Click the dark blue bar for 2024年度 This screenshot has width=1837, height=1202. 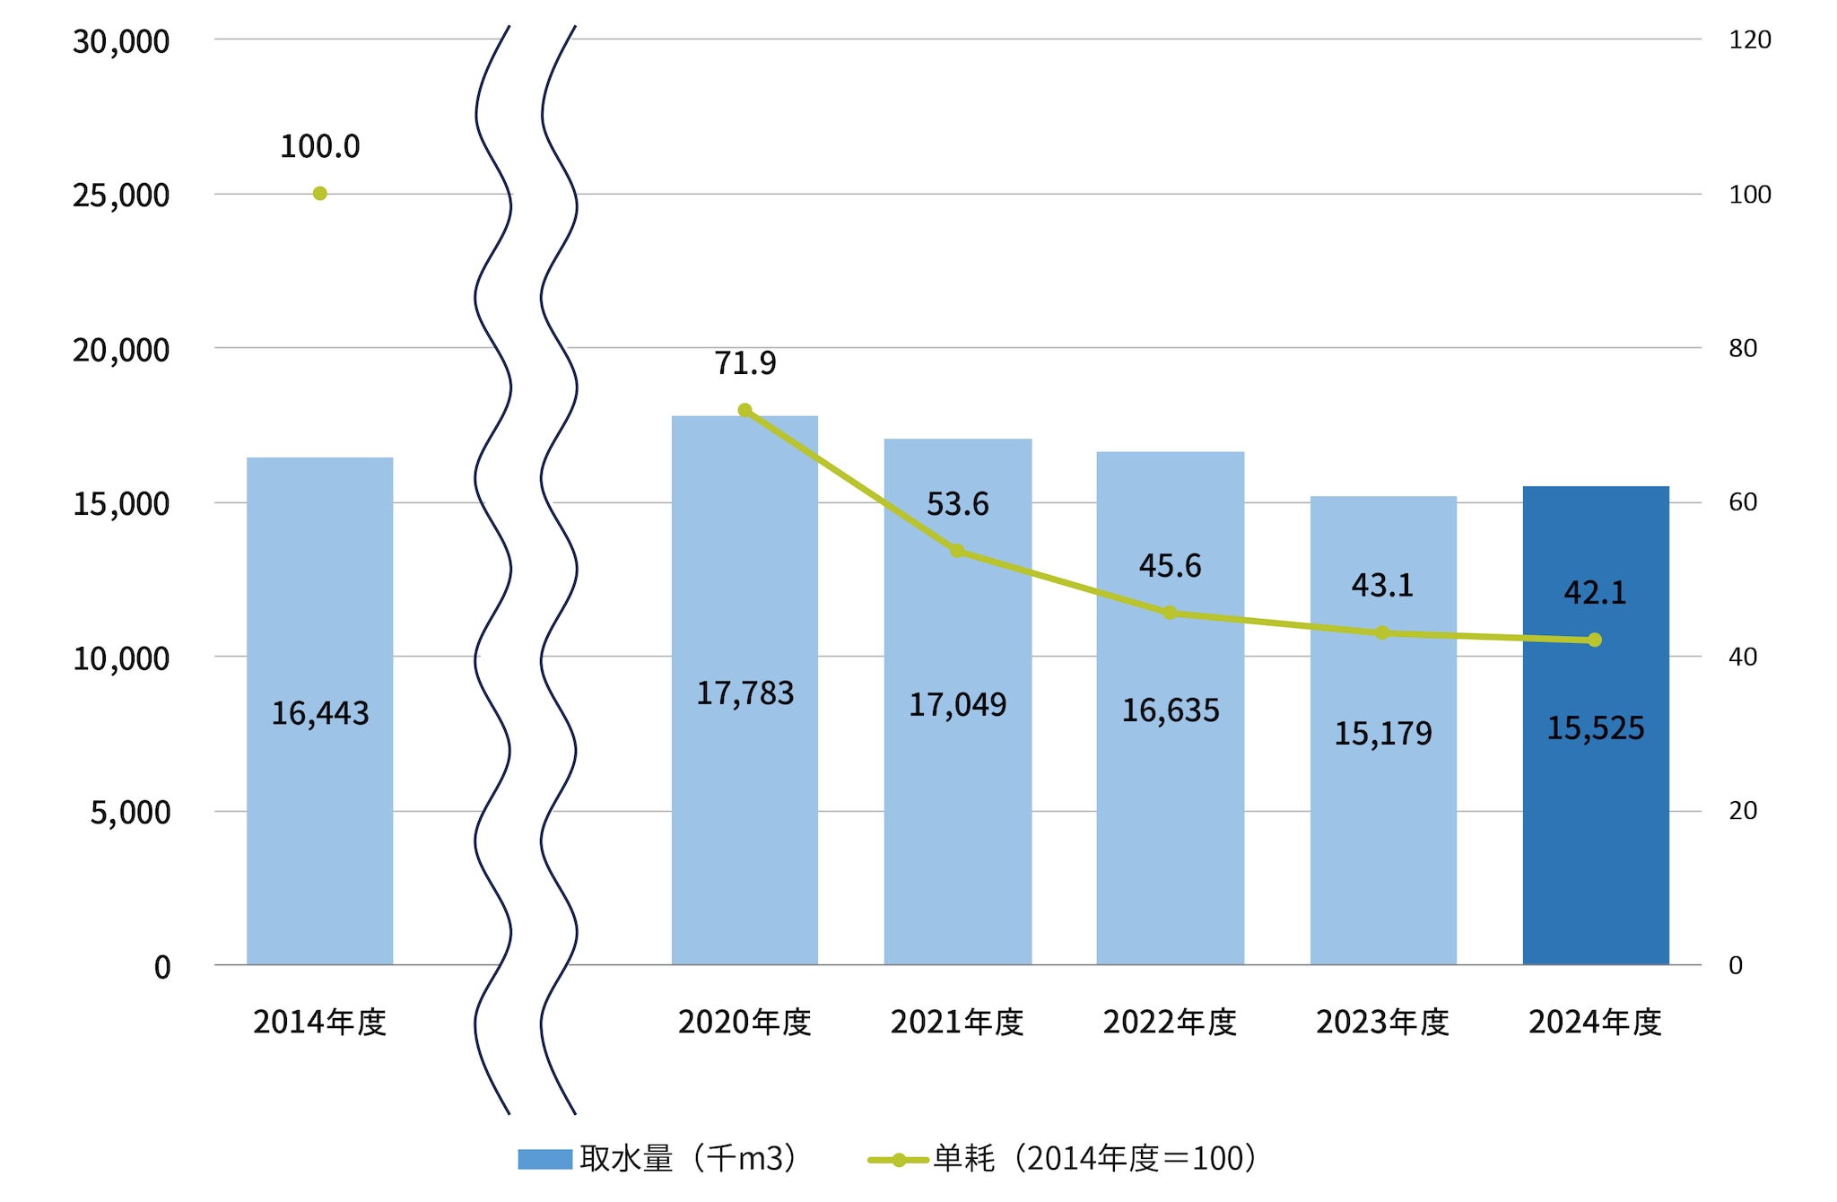[x=1595, y=807]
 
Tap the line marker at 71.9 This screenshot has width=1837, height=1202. [x=744, y=410]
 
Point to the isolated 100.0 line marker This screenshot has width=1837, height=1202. [x=319, y=193]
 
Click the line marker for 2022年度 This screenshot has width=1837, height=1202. [x=1170, y=613]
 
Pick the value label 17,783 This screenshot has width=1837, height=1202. [x=744, y=693]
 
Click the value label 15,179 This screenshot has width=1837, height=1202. [x=1382, y=734]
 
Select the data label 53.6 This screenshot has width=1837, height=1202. [x=957, y=504]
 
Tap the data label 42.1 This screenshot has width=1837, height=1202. [x=1595, y=593]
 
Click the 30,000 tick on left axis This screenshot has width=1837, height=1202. [x=121, y=41]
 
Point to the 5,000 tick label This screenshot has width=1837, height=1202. [x=130, y=813]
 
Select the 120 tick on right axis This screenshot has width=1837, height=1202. [x=1749, y=40]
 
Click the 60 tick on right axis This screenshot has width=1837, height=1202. [x=1742, y=502]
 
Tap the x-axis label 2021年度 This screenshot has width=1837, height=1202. [x=957, y=1023]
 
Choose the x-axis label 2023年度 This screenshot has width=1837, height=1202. [x=1382, y=1023]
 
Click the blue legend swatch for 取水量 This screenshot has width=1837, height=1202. [x=544, y=1159]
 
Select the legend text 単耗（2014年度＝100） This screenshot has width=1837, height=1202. [x=1094, y=1159]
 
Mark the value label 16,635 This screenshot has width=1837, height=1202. [x=1171, y=710]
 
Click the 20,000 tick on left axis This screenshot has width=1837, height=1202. [x=121, y=350]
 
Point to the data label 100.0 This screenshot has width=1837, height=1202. [x=319, y=146]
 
